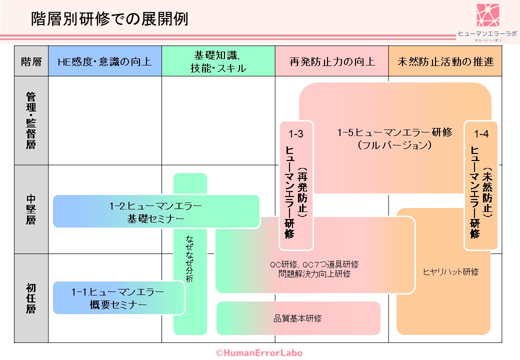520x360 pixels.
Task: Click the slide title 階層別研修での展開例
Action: [x=109, y=19]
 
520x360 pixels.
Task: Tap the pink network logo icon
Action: [x=487, y=15]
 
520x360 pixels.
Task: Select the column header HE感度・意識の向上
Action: [x=104, y=62]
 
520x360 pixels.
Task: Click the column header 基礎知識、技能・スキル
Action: [x=218, y=62]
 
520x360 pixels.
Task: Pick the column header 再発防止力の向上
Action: [x=331, y=62]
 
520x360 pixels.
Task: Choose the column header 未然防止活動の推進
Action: [x=445, y=62]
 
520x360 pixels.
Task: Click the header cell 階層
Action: [x=31, y=62]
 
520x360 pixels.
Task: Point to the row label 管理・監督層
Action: [x=31, y=120]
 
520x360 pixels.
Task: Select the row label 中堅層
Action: [x=31, y=209]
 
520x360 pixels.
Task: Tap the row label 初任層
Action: [x=31, y=298]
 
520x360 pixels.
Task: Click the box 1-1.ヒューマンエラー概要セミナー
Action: [x=118, y=298]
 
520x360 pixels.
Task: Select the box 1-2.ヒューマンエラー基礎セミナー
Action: [x=156, y=211]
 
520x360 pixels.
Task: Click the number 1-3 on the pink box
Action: [x=296, y=134]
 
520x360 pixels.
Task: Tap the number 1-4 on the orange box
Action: [x=481, y=134]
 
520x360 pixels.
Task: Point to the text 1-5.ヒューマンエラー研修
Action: [x=394, y=132]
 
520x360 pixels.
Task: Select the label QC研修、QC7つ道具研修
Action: [x=314, y=264]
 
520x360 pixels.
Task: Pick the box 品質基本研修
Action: [x=298, y=318]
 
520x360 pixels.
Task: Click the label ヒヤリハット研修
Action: [x=450, y=272]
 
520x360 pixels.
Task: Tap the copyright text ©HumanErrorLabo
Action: [x=259, y=352]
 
